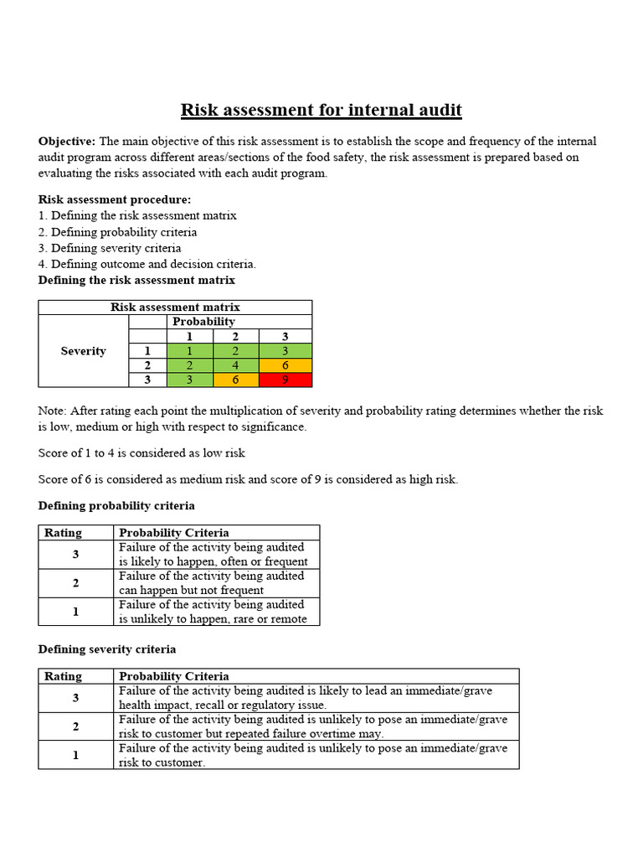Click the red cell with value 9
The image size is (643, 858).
286,380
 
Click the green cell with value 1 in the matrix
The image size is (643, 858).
189,351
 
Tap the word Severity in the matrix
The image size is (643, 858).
83,351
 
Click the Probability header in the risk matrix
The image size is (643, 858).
203,322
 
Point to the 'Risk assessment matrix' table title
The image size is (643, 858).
175,308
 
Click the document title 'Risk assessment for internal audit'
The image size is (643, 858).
321,110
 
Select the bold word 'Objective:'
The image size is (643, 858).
67,142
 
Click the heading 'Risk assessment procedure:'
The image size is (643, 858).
115,199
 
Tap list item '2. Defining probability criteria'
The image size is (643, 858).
118,232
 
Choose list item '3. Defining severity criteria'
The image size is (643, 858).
110,248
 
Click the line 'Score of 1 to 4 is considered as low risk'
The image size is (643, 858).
141,453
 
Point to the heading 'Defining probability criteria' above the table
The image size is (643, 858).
116,506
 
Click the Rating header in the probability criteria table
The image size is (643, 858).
63,533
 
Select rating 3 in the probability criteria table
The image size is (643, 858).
75,554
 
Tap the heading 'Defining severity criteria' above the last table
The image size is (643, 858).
107,649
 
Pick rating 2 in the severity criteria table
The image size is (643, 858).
75,726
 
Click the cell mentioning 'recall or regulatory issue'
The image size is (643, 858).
314,698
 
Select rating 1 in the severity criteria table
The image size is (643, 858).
75,755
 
